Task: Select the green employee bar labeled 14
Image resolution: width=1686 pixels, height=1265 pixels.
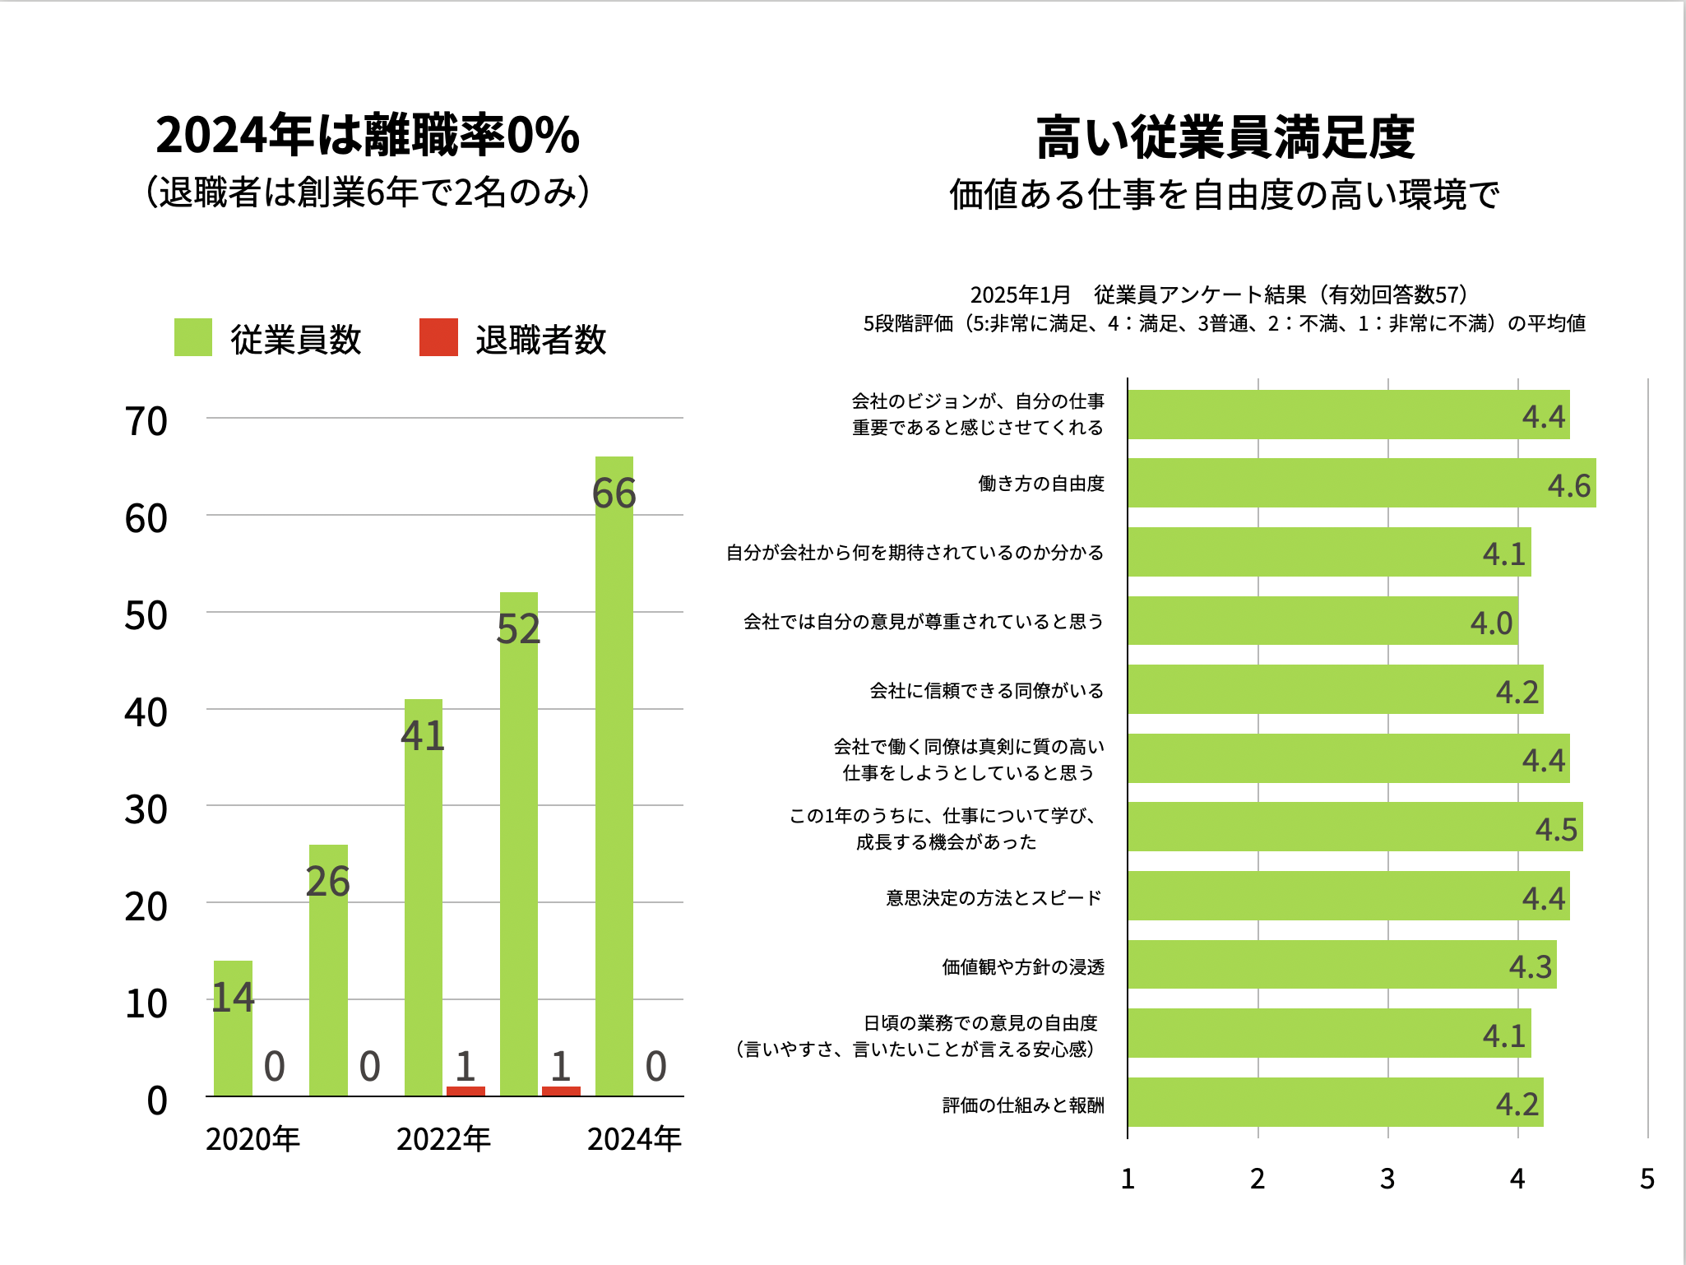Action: click(233, 1028)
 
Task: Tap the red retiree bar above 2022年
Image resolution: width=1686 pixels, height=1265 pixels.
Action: click(466, 1091)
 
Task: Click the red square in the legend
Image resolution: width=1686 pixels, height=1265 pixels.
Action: click(438, 338)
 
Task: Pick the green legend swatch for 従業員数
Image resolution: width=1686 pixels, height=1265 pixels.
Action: click(193, 338)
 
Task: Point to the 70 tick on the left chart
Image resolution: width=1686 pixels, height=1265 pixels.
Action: click(146, 422)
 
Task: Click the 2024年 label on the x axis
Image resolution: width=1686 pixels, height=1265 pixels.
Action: click(634, 1139)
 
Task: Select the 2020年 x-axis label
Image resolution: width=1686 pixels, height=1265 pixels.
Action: click(252, 1139)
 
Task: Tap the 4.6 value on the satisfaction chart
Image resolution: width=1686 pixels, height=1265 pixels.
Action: click(1569, 486)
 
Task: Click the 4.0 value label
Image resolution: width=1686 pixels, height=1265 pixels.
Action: click(1492, 623)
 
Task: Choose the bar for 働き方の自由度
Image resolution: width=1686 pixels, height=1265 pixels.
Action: click(1361, 483)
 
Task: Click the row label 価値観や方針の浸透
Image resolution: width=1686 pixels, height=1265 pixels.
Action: click(1023, 967)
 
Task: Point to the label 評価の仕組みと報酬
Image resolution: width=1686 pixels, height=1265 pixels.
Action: click(1023, 1105)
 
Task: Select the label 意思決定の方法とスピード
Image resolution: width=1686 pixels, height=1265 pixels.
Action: click(994, 898)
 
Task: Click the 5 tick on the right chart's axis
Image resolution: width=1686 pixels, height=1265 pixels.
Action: click(1647, 1179)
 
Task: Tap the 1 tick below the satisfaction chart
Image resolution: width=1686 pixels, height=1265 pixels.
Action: click(1128, 1179)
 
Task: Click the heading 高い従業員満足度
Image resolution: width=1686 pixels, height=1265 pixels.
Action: click(1225, 137)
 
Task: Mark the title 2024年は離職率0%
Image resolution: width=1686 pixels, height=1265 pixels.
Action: click(368, 135)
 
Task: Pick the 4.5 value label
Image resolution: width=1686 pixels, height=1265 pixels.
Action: click(1556, 830)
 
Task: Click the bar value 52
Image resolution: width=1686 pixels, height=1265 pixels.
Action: click(518, 629)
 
